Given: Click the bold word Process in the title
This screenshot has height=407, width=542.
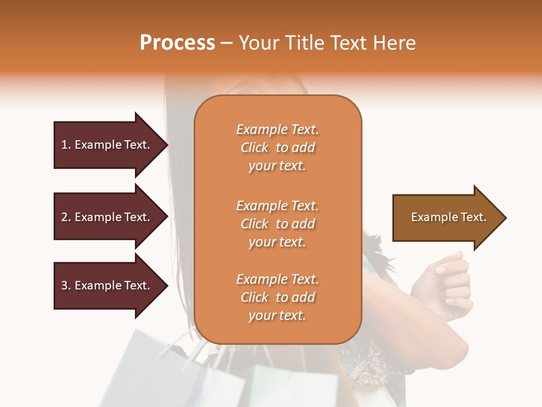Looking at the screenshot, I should coord(177,42).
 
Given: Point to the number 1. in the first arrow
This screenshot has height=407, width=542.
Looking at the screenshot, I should coord(65,145).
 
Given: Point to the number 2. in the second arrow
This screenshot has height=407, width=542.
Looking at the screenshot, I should coord(65,217).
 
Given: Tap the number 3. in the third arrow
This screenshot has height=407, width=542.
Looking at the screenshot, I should coord(65,285).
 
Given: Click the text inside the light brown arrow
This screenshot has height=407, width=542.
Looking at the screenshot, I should coord(448,217).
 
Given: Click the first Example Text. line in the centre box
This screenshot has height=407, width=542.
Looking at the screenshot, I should coord(277,129).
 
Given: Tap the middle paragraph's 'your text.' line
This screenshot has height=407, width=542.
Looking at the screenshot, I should coord(277,242).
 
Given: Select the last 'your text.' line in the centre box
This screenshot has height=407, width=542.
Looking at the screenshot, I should coord(277,315).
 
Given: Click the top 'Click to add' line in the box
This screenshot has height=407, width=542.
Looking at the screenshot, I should coord(277,148).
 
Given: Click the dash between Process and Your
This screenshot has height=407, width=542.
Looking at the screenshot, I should coord(226,43).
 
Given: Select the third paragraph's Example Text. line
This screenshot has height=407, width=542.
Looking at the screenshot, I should coord(277,279).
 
